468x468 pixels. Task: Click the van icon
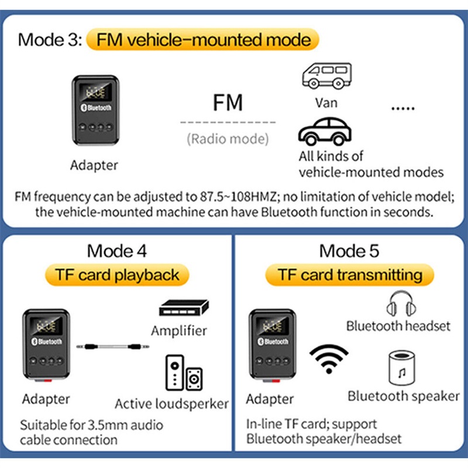click(326, 77)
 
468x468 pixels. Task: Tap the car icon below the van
click(325, 132)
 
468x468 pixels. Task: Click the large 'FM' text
click(227, 104)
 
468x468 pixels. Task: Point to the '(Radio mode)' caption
click(228, 139)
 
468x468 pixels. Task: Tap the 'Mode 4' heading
click(117, 251)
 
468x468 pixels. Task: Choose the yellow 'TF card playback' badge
click(117, 274)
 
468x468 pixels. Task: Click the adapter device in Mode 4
click(45, 347)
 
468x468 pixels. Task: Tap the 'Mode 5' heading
click(349, 251)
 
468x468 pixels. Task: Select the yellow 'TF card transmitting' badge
click(349, 274)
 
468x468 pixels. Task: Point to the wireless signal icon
click(328, 358)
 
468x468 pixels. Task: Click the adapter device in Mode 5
click(270, 347)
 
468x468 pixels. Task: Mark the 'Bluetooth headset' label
click(398, 326)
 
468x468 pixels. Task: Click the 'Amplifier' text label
click(179, 331)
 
